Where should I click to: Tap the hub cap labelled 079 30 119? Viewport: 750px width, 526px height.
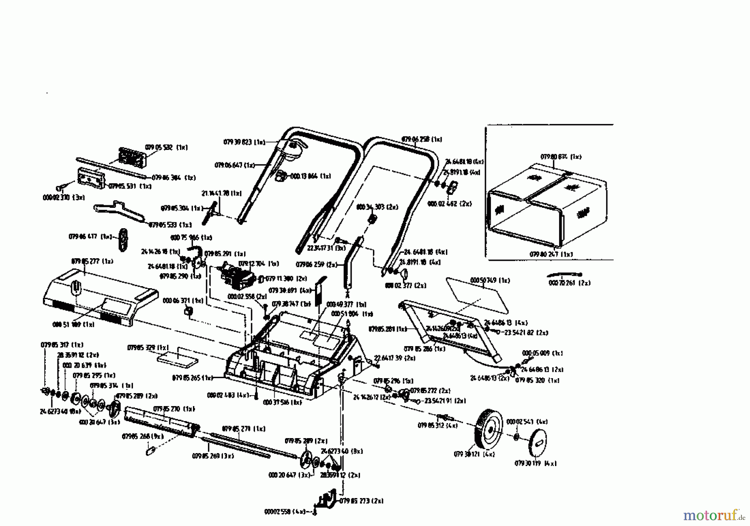(537, 441)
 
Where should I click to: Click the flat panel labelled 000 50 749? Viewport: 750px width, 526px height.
(477, 296)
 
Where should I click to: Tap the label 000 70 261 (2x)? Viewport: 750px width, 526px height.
(569, 283)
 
